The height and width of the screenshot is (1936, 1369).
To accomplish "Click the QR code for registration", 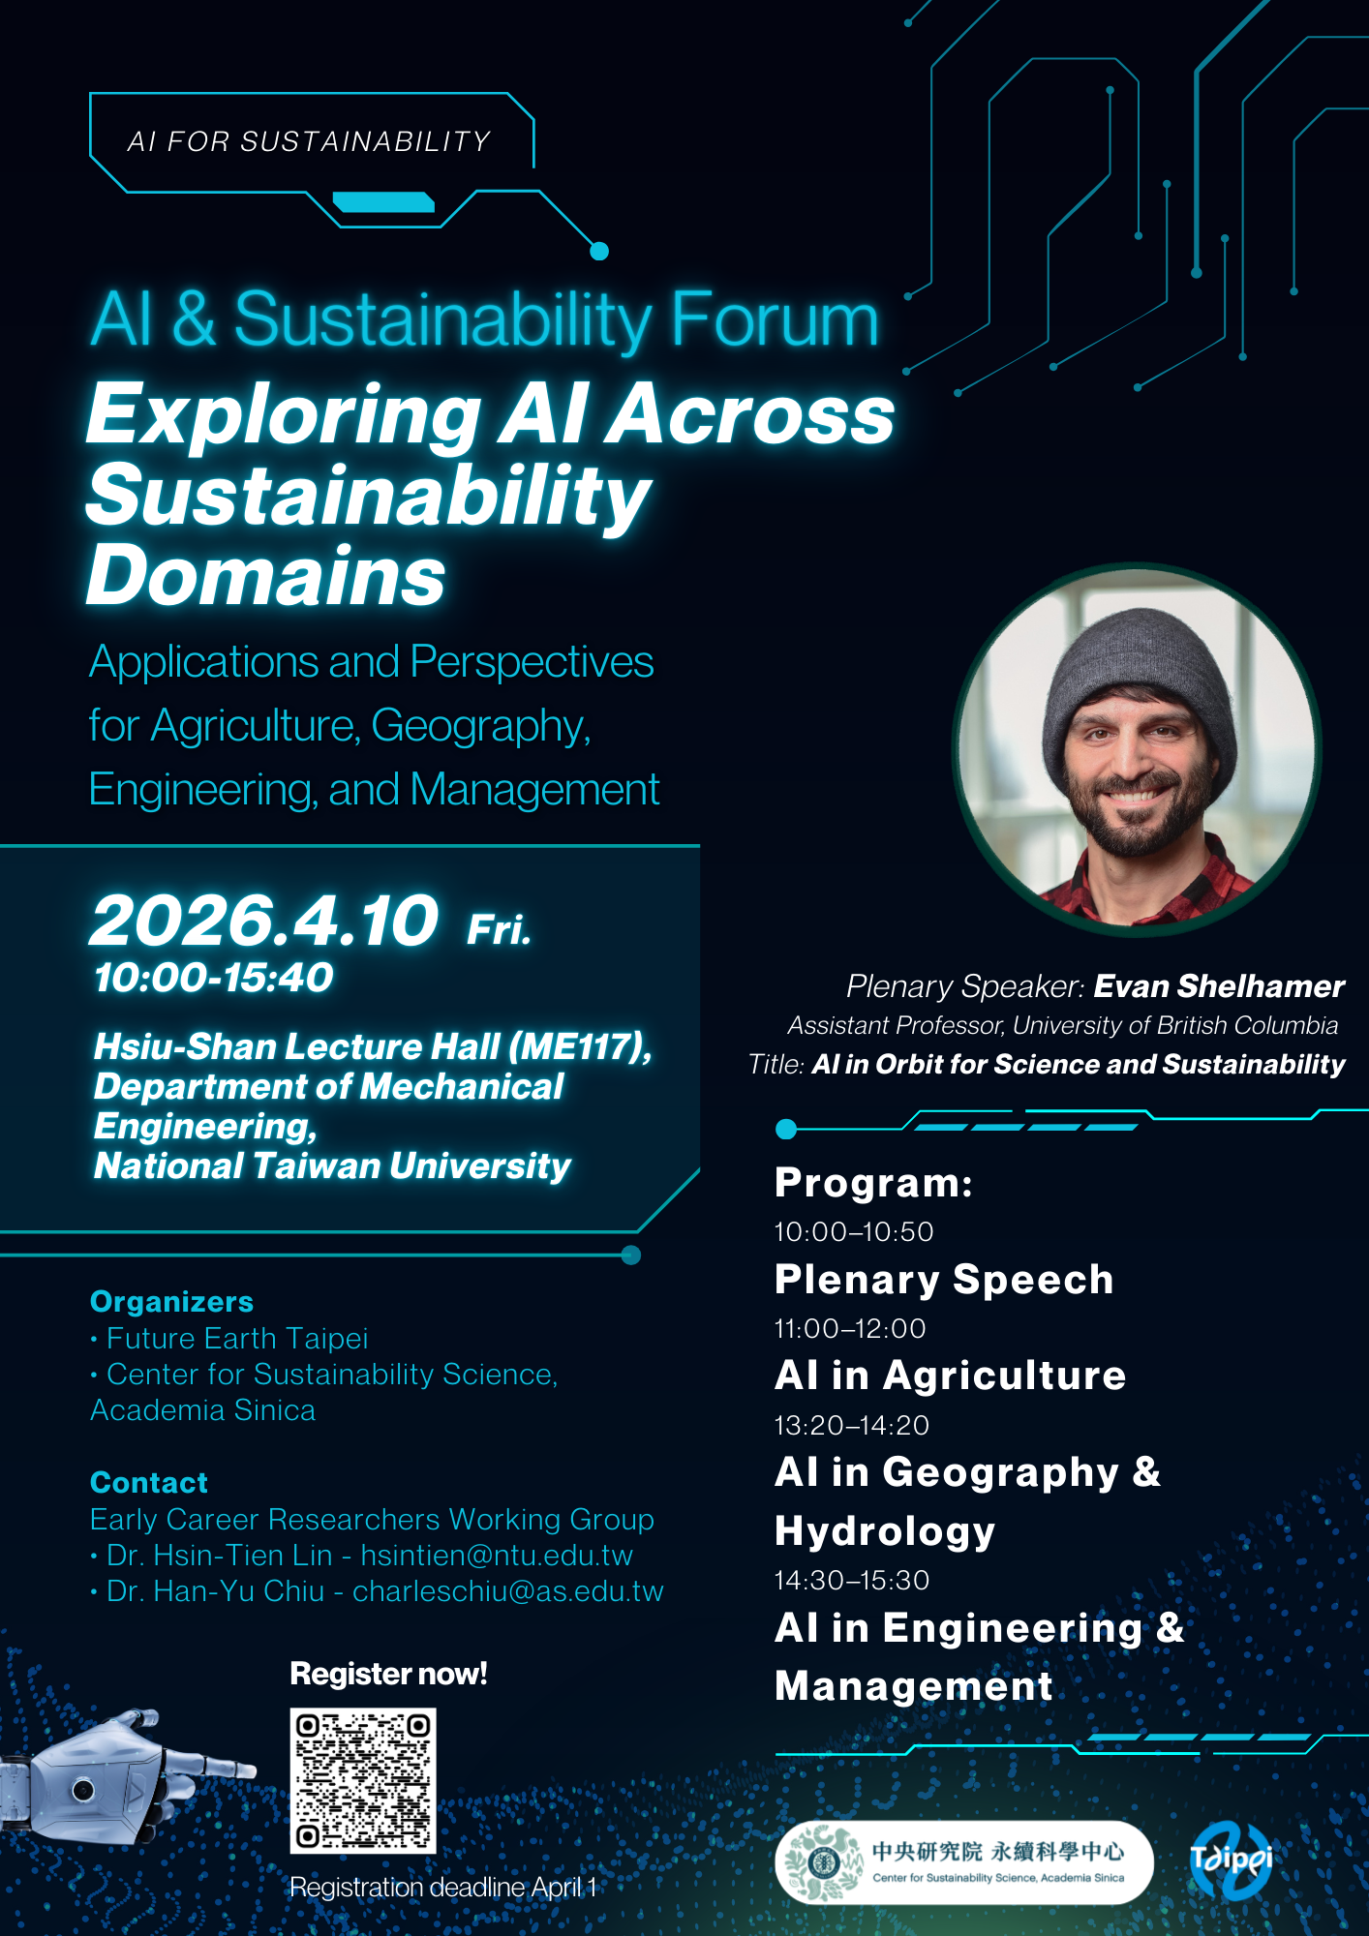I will [363, 1780].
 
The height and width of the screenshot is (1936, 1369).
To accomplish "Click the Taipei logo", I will [1230, 1860].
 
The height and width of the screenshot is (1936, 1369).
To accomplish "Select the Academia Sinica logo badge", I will [963, 1861].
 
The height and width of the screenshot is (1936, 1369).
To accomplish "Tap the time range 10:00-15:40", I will [214, 978].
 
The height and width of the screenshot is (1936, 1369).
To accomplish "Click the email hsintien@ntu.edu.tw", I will [497, 1556].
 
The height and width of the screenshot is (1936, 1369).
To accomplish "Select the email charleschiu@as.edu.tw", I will [508, 1591].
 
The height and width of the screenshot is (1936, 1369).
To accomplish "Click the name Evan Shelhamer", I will [1218, 986].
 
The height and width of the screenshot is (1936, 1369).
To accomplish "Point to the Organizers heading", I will [172, 1302].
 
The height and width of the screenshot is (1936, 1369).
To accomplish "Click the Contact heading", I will [149, 1483].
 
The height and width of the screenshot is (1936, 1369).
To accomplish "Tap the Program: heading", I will [873, 1183].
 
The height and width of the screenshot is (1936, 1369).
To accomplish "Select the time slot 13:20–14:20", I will [851, 1425].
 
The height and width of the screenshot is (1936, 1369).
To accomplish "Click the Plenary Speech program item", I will [944, 1280].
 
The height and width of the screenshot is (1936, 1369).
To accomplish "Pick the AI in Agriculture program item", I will [950, 1376].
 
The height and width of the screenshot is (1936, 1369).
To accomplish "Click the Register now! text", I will [388, 1674].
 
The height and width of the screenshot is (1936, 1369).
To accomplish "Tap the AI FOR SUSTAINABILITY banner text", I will [310, 141].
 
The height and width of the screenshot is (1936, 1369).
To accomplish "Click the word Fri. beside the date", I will [499, 929].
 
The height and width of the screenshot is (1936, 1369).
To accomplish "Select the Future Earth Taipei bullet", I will [236, 1339].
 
